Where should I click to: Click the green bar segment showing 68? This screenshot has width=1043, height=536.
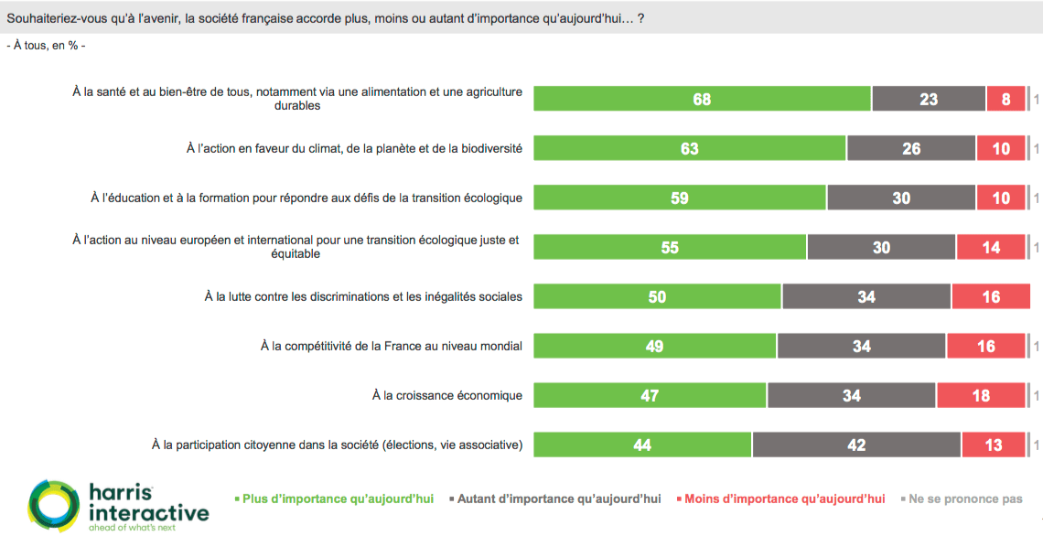[702, 99]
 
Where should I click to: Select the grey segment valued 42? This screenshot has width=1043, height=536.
[856, 445]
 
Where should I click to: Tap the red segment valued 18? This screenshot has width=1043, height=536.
[980, 395]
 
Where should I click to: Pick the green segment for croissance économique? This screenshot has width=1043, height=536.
[650, 395]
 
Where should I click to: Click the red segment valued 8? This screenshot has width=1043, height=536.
[1005, 99]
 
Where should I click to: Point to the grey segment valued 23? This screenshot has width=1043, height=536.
[929, 99]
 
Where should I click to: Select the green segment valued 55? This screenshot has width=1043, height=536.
[670, 247]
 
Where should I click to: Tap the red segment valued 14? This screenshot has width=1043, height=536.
[991, 247]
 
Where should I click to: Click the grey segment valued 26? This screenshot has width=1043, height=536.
[911, 148]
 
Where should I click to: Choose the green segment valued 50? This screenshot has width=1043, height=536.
[657, 296]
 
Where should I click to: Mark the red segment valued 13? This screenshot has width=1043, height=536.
[994, 445]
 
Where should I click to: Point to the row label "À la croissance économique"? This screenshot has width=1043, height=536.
[447, 395]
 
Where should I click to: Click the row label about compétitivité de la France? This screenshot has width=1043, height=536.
[392, 346]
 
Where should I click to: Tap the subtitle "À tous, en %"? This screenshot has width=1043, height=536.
[46, 45]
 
